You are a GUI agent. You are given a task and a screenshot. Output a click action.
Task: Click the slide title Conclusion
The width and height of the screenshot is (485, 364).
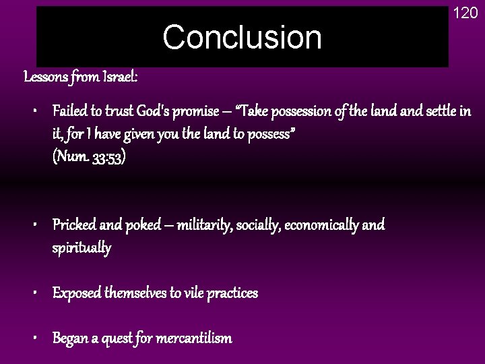click(243, 38)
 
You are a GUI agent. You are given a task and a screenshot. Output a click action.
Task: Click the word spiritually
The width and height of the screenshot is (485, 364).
click(82, 248)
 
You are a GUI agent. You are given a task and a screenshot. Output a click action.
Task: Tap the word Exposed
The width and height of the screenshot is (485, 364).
click(77, 293)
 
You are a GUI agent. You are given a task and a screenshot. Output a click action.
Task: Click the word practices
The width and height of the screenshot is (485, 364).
click(230, 293)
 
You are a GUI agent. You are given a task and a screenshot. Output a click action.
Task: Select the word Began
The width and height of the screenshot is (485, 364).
click(71, 338)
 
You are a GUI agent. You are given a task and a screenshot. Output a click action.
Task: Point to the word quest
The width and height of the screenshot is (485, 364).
click(119, 338)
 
